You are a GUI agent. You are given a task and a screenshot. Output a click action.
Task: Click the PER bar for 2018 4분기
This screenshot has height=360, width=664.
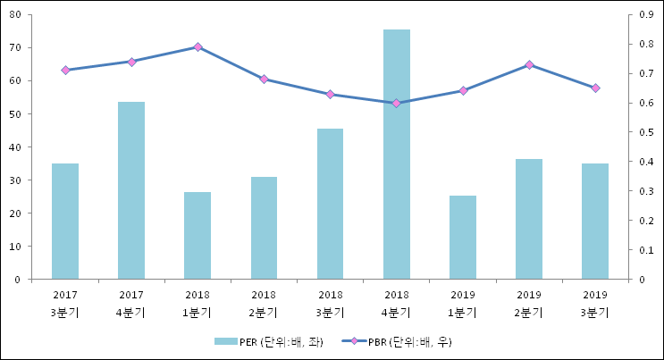(x=397, y=155)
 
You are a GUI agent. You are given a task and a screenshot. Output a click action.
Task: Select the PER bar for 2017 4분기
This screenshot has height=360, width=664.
(x=131, y=190)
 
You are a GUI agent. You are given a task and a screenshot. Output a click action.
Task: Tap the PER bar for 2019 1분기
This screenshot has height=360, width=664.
(x=463, y=238)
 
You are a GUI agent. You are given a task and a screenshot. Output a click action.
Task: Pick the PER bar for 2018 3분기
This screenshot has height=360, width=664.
(x=331, y=204)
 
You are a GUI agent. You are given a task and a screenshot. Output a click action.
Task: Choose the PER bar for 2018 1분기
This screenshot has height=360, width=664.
(x=198, y=236)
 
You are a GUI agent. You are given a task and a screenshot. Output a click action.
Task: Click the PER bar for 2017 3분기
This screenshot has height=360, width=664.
(x=65, y=222)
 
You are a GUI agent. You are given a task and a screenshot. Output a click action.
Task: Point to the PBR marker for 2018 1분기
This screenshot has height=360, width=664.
(x=198, y=46)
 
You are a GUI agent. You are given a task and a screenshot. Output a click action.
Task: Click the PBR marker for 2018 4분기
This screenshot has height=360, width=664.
(x=397, y=103)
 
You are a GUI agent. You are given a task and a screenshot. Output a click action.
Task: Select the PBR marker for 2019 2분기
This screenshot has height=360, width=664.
(x=529, y=64)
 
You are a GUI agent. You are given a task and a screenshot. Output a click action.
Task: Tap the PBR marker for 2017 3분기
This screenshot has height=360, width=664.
(x=65, y=70)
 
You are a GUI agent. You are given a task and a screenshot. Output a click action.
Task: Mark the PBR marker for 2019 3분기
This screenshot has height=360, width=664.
(x=595, y=88)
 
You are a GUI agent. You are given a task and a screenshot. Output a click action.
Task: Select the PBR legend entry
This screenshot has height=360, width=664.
(x=407, y=341)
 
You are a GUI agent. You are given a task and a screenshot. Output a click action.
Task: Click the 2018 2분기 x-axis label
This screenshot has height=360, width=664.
(x=264, y=303)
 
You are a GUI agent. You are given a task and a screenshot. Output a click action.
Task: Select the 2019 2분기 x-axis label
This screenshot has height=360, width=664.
(x=529, y=303)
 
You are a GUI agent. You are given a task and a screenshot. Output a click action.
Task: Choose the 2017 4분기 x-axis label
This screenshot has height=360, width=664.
(x=131, y=303)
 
